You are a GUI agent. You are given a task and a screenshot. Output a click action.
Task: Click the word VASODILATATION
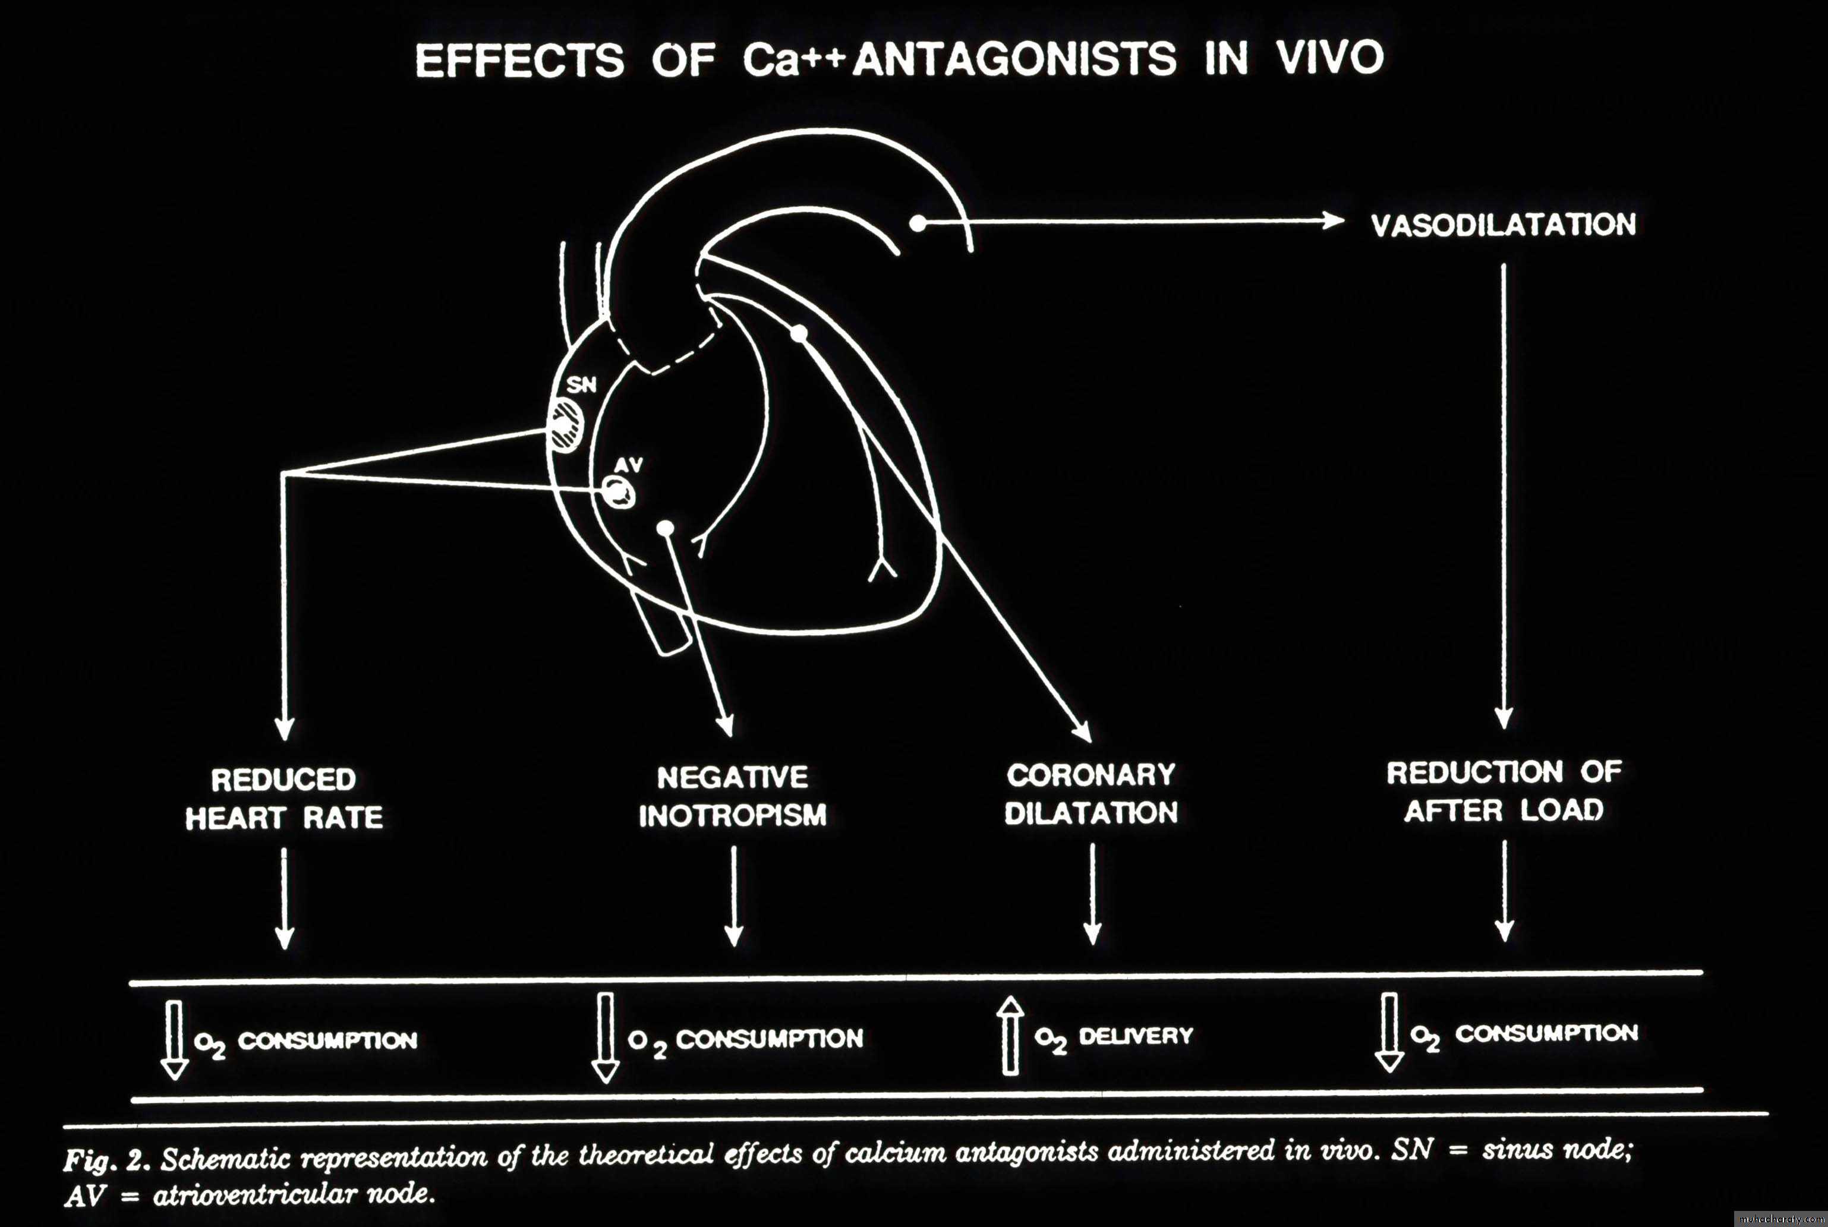pyautogui.click(x=1504, y=225)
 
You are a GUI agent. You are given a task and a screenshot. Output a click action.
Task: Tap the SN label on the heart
pyautogui.click(x=581, y=384)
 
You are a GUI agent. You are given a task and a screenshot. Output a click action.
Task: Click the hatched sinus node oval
pyautogui.click(x=566, y=424)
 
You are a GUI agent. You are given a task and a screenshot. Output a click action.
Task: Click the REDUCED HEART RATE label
pyautogui.click(x=284, y=798)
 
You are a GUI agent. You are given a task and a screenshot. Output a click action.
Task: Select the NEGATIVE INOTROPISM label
pyautogui.click(x=733, y=796)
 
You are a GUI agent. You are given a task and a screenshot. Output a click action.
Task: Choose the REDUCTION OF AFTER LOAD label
pyautogui.click(x=1504, y=791)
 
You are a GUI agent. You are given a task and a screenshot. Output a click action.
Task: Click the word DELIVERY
pyautogui.click(x=1136, y=1036)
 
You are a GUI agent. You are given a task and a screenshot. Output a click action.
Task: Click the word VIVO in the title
pyautogui.click(x=1331, y=57)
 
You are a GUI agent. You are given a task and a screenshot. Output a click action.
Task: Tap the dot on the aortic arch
pyautogui.click(x=918, y=223)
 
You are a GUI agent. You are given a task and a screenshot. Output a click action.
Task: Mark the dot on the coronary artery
pyautogui.click(x=798, y=334)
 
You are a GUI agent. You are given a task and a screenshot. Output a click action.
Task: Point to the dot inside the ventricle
pyautogui.click(x=665, y=529)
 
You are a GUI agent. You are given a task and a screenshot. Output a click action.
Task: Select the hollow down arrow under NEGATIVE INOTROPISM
pyautogui.click(x=605, y=1037)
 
